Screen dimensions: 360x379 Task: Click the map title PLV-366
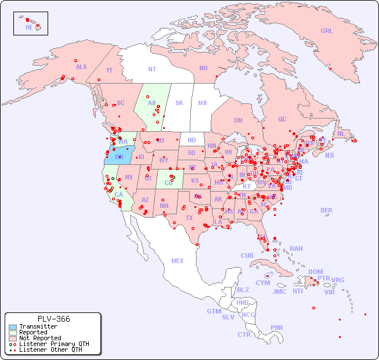pyautogui.click(x=53, y=319)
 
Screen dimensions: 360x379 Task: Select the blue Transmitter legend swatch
pyautogui.click(x=12, y=326)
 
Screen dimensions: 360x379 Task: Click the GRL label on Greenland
pyautogui.click(x=327, y=31)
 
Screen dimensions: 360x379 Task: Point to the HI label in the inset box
pyautogui.click(x=28, y=27)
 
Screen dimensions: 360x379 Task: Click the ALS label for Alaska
pyautogui.click(x=81, y=67)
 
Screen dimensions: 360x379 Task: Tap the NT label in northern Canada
pyautogui.click(x=151, y=69)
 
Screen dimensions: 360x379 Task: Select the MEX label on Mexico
pyautogui.click(x=177, y=261)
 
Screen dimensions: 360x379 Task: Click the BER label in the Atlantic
pyautogui.click(x=326, y=210)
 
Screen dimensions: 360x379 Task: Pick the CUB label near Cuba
pyautogui.click(x=247, y=255)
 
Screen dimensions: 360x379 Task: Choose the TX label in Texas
pyautogui.click(x=189, y=218)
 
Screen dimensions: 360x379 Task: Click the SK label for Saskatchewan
pyautogui.click(x=179, y=103)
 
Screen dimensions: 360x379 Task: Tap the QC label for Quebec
pyautogui.click(x=282, y=119)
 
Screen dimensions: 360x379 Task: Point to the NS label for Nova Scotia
pyautogui.click(x=329, y=155)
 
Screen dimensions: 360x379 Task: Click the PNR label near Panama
pyautogui.click(x=277, y=327)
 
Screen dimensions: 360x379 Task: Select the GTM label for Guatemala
pyautogui.click(x=214, y=311)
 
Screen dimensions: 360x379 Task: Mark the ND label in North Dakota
pyautogui.click(x=192, y=140)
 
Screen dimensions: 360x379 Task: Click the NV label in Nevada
pyautogui.click(x=128, y=177)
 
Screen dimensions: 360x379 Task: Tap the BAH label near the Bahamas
pyautogui.click(x=296, y=249)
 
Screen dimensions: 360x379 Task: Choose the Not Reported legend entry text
pyautogui.click(x=40, y=338)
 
